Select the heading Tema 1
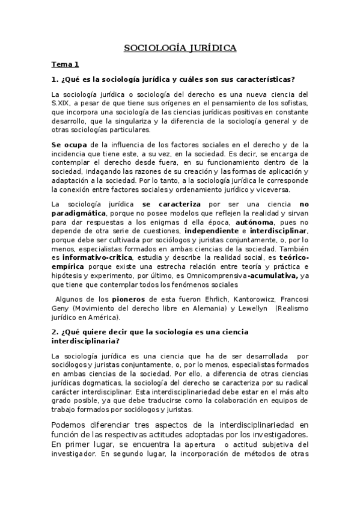pyautogui.click(x=66, y=64)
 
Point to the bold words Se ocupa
pyautogui.click(x=70, y=144)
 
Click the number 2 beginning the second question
pyautogui.click(x=54, y=331)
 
